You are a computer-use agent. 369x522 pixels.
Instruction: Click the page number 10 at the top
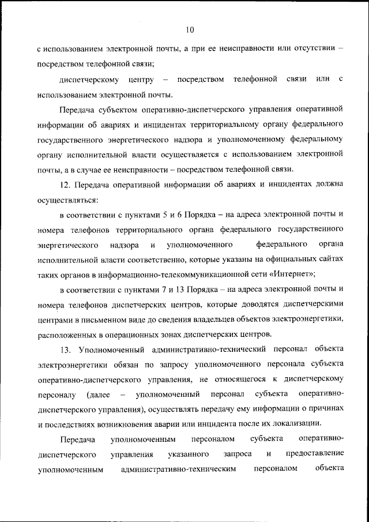[x=190, y=30]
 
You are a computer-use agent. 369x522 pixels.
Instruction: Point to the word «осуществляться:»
[x=67, y=200]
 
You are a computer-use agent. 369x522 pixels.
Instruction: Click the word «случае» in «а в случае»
[x=111, y=170]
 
